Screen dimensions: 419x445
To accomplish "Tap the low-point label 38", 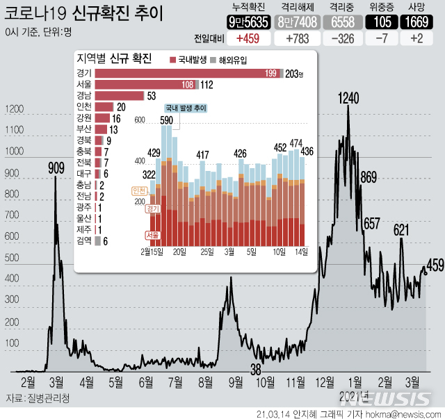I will (256, 369).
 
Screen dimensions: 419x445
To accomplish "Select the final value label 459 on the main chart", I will (435, 265).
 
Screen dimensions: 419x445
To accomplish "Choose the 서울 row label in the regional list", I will (85, 85).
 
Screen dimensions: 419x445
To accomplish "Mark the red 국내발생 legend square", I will (174, 60).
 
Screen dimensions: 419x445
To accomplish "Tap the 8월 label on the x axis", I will (205, 381).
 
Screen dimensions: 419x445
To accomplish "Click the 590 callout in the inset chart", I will (166, 121).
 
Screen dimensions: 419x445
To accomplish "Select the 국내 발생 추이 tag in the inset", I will (187, 108).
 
